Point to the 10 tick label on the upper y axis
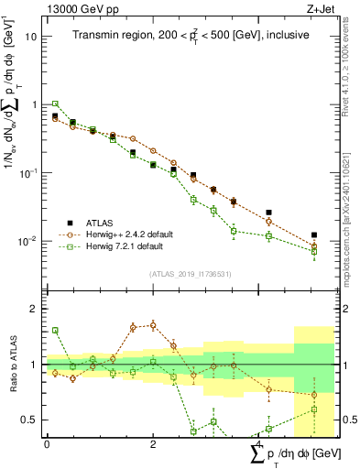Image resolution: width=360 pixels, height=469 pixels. (31, 37)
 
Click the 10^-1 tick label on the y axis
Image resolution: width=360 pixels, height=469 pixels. (28, 172)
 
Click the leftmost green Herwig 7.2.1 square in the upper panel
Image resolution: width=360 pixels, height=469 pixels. (55, 104)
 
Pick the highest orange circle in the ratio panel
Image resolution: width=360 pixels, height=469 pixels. (152, 324)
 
